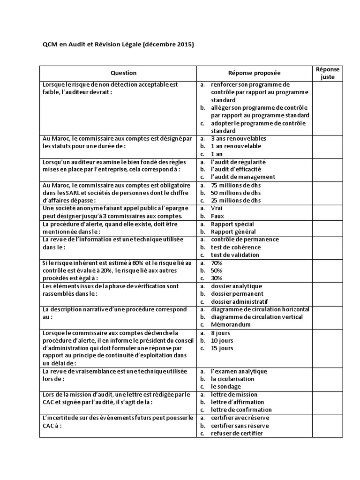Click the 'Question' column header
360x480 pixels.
123,73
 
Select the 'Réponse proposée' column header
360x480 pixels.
255,73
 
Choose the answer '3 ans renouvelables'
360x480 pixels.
238,139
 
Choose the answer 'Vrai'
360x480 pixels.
217,208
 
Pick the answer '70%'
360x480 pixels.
216,263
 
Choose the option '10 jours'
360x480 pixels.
222,340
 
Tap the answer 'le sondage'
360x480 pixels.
225,387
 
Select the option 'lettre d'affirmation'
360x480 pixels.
237,402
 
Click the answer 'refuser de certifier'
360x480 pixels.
237,433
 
